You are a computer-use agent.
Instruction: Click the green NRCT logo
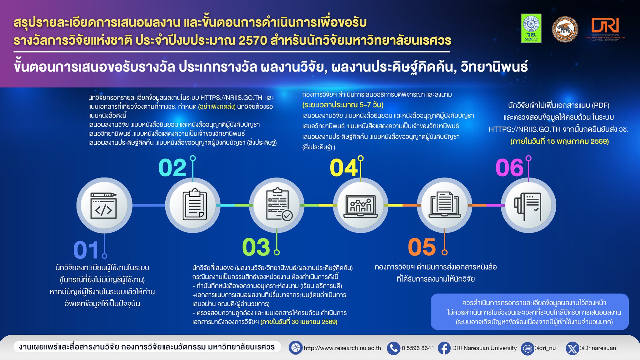(531, 28)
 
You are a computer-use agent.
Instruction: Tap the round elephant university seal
(565, 29)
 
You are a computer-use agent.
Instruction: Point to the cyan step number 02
(172, 168)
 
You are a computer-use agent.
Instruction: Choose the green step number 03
(256, 247)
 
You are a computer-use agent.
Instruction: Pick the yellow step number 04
(344, 168)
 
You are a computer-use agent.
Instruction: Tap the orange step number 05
(422, 247)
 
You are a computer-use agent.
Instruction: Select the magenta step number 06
(509, 168)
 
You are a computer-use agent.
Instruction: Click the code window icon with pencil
(103, 205)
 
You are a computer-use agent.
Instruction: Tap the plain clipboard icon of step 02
(194, 204)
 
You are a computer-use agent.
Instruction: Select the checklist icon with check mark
(279, 204)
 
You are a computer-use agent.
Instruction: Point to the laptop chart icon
(360, 206)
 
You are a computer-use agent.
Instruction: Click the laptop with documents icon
(444, 205)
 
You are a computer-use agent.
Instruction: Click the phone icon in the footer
(393, 348)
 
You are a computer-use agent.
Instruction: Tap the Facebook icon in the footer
(444, 348)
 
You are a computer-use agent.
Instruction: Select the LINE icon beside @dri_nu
(527, 348)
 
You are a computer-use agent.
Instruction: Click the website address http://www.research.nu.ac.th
(342, 348)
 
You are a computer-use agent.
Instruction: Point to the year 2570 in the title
(252, 40)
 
